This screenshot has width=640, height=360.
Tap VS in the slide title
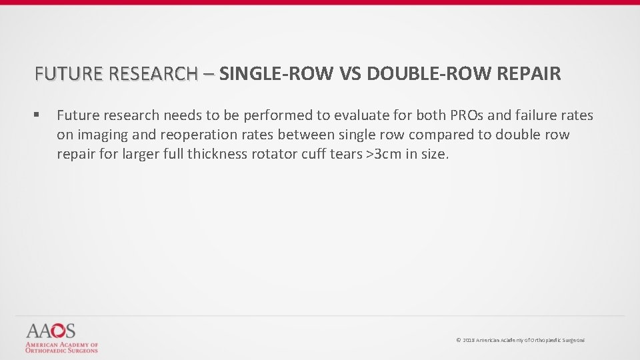pos(349,73)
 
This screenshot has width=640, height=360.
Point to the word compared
pos(440,135)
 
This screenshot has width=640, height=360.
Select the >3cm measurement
pos(387,155)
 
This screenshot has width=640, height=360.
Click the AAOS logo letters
pos(51,331)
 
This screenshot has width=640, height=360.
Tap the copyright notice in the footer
pos(520,340)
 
